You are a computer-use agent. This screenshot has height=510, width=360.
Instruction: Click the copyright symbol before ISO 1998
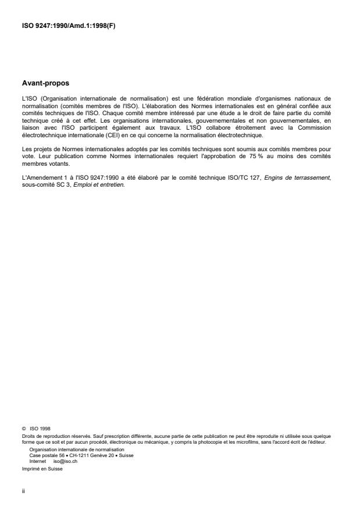tap(22, 427)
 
